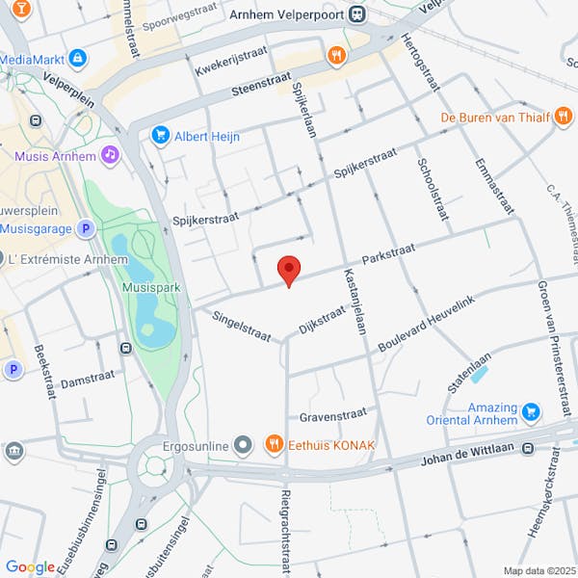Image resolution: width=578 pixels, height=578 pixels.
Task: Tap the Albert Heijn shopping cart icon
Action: point(161,136)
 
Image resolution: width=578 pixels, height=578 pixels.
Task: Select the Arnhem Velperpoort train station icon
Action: point(357,13)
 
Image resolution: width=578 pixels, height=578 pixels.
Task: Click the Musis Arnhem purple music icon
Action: point(111,155)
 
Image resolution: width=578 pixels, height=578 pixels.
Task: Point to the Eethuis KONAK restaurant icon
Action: point(274,444)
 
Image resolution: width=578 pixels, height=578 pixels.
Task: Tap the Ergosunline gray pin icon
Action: point(243,444)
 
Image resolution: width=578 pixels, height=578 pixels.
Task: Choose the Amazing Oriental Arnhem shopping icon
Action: point(530,413)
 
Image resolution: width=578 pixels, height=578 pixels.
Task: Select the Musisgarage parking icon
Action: point(86,228)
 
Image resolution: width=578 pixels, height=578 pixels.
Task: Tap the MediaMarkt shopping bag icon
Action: point(77,59)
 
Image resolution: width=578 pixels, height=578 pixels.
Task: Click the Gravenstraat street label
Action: point(333,416)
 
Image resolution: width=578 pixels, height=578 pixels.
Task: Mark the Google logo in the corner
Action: point(30,567)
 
